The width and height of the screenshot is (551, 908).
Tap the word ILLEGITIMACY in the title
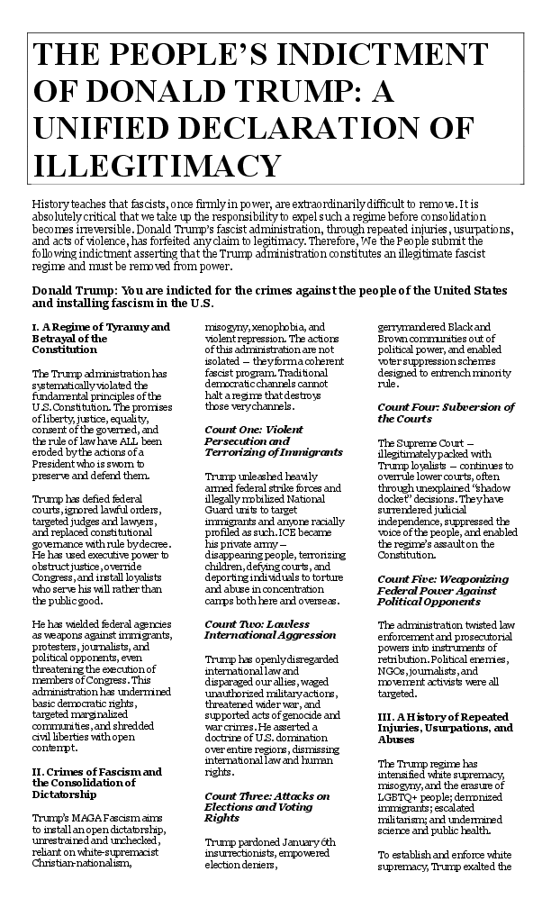pyautogui.click(x=153, y=165)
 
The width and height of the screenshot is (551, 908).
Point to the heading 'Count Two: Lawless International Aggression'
pyautogui.click(x=257, y=630)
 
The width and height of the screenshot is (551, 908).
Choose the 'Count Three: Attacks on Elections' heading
pyautogui.click(x=267, y=807)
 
